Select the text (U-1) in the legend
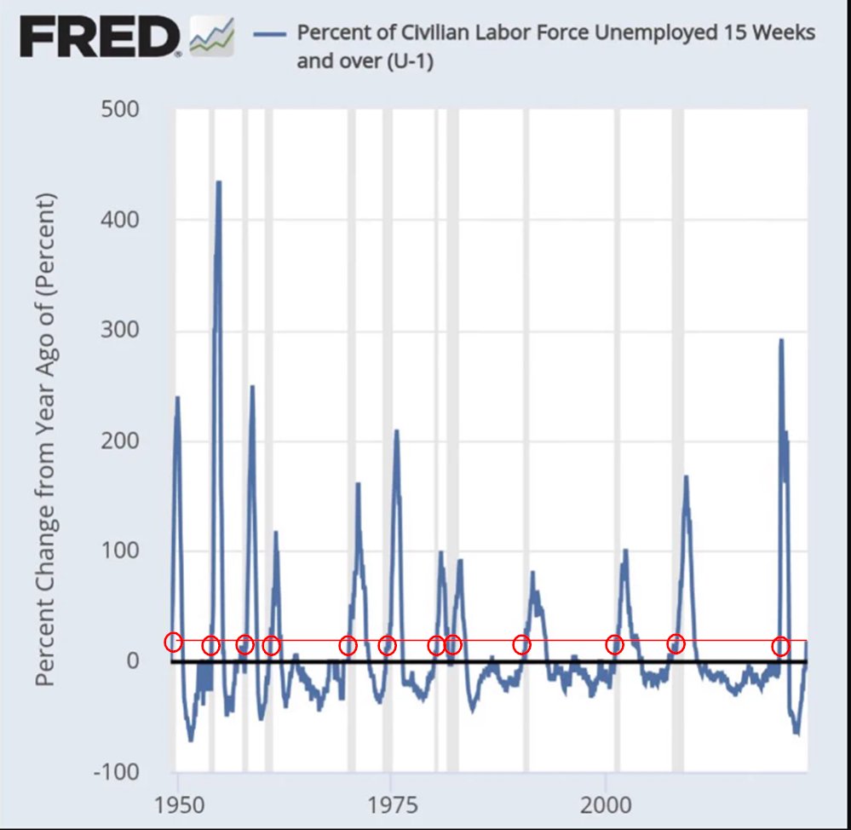(x=409, y=61)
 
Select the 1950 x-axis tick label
(x=177, y=804)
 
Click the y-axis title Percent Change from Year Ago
(x=47, y=439)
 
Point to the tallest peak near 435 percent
(x=219, y=182)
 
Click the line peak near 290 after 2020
(x=781, y=341)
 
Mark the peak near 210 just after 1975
(x=396, y=431)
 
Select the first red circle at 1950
(x=173, y=643)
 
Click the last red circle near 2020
(x=780, y=647)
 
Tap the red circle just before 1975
(x=387, y=646)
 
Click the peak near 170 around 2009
(x=686, y=477)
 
